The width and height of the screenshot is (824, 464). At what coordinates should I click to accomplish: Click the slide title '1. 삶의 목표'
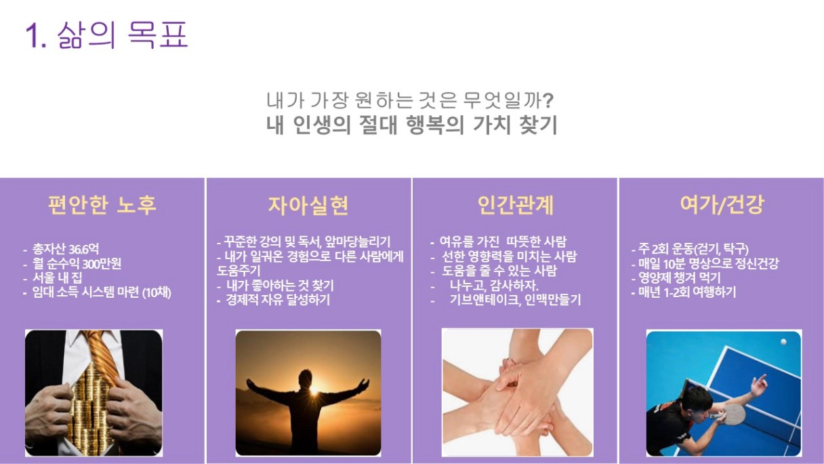coord(106,35)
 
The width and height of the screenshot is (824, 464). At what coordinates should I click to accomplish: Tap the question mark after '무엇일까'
coord(548,100)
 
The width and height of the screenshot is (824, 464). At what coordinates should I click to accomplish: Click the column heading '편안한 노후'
coord(102,205)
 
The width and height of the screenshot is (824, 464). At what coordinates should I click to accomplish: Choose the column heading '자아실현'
coord(308,205)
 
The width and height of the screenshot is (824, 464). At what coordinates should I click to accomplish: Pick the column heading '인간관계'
coord(515,205)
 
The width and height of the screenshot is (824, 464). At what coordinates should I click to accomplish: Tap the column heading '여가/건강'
coord(722,205)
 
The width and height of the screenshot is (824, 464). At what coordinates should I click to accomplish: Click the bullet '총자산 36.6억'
coord(66,250)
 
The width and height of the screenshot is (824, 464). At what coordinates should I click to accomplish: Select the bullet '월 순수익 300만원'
coord(77,264)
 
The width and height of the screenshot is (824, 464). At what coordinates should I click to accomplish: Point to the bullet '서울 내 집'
coord(57,278)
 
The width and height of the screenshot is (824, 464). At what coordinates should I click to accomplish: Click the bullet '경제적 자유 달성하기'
coord(278,300)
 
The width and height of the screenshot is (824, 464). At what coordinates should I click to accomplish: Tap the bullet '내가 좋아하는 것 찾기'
coord(280,286)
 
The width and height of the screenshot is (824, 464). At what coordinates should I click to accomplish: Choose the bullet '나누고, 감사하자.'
coord(494,286)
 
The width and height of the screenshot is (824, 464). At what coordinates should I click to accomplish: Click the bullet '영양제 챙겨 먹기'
coord(680,277)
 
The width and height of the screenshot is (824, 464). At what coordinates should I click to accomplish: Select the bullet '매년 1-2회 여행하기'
coord(687,292)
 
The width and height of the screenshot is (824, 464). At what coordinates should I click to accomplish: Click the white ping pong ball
coord(784,342)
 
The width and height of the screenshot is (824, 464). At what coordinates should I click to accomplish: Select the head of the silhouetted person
coord(306,379)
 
